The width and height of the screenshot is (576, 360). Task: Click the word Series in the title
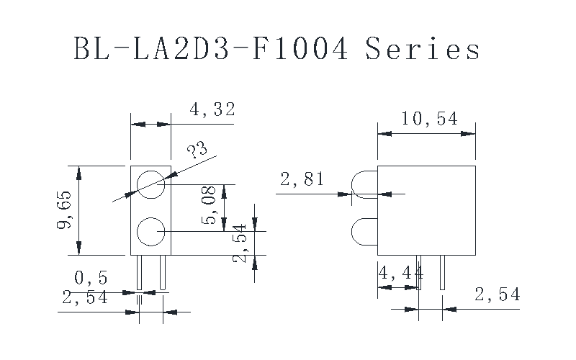click(423, 48)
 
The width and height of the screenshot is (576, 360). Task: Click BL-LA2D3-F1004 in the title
click(211, 48)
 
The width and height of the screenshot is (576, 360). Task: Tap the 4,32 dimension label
click(212, 109)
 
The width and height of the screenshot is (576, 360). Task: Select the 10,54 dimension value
click(429, 119)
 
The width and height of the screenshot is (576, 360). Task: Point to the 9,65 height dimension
click(64, 210)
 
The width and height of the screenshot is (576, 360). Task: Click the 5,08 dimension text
click(208, 205)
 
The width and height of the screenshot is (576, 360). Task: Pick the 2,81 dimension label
click(302, 179)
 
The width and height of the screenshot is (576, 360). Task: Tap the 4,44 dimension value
click(401, 273)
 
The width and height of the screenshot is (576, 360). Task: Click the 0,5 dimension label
click(91, 278)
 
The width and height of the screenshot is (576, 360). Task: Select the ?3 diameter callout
click(197, 150)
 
